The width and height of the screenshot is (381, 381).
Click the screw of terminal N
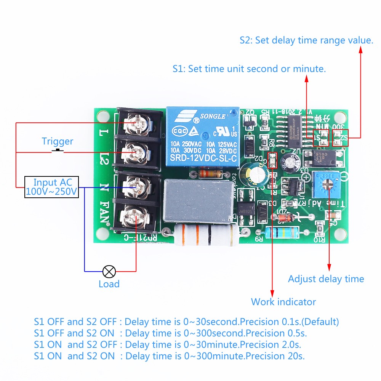click(135, 187)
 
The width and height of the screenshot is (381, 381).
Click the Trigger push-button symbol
click(58, 152)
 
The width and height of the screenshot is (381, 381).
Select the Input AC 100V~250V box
click(52, 187)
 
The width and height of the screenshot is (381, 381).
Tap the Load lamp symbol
click(109, 272)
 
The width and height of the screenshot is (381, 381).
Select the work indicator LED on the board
click(272, 160)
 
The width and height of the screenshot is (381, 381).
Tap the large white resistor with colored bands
click(206, 236)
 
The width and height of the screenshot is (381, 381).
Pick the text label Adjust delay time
click(326, 279)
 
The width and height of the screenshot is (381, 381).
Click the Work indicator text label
click(283, 302)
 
